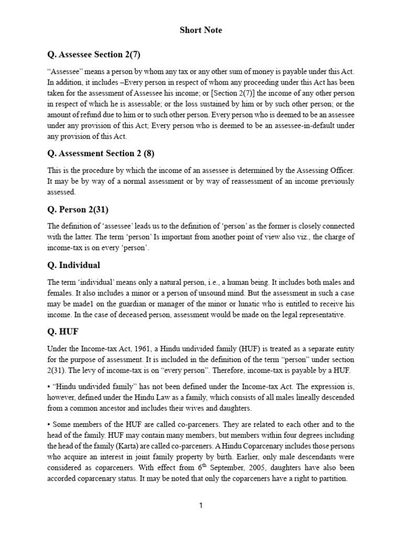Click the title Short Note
(200, 30)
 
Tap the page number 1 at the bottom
(200, 506)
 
